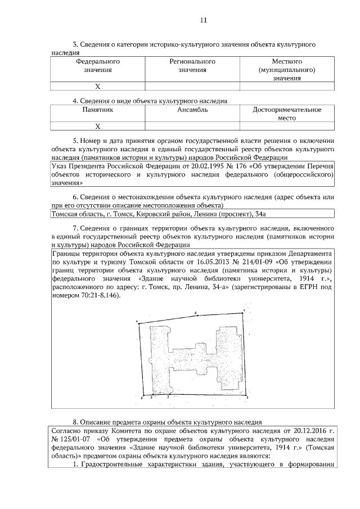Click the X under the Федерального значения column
[97, 86]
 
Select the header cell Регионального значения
[192, 65]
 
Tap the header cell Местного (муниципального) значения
[287, 69]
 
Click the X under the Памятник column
[97, 127]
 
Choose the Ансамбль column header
[192, 110]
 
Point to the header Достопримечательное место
[287, 114]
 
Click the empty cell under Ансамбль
[192, 127]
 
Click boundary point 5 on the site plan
[137, 322]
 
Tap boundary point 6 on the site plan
[195, 312]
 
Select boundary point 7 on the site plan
[244, 309]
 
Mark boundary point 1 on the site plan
[247, 397]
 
